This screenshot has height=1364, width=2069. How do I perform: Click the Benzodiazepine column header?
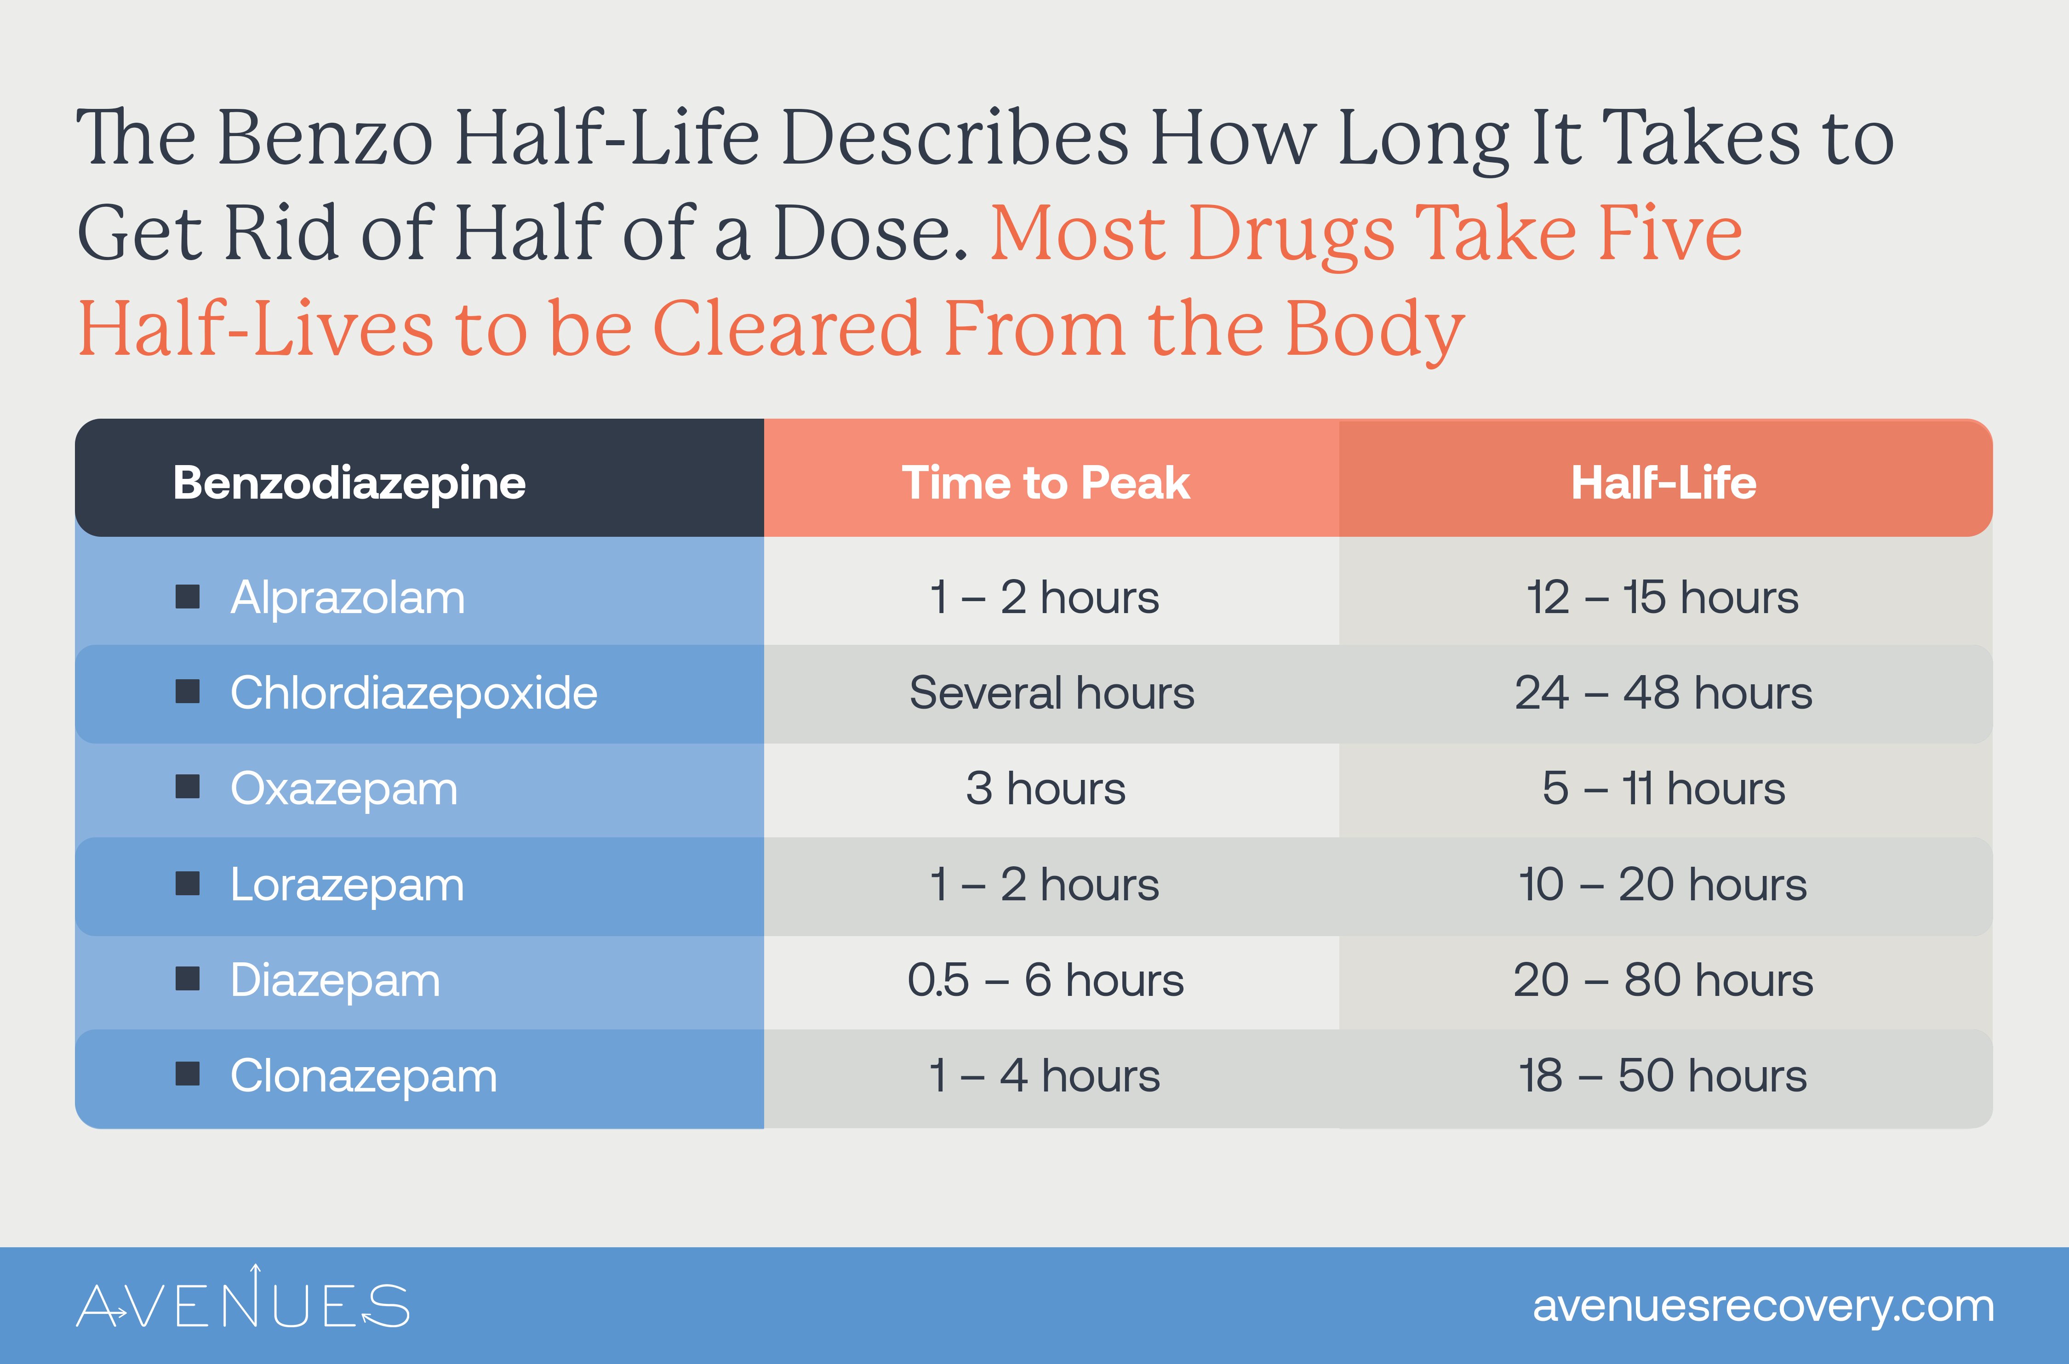pyautogui.click(x=349, y=483)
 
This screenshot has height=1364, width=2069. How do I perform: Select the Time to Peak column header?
pyautogui.click(x=1045, y=483)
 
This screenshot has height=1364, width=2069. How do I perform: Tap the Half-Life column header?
pyautogui.click(x=1663, y=483)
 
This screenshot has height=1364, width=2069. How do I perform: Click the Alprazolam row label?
pyautogui.click(x=347, y=598)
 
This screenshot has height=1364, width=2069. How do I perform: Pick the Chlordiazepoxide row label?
pyautogui.click(x=413, y=693)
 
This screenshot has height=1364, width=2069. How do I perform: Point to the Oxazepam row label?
pyautogui.click(x=343, y=789)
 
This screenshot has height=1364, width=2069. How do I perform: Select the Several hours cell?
pyautogui.click(x=1051, y=693)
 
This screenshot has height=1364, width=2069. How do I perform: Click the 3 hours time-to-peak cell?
pyautogui.click(x=1045, y=789)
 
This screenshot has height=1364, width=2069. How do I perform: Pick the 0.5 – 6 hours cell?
pyautogui.click(x=1045, y=980)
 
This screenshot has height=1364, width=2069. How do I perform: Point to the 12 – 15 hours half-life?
pyautogui.click(x=1662, y=598)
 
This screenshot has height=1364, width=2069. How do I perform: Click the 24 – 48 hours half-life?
pyautogui.click(x=1663, y=693)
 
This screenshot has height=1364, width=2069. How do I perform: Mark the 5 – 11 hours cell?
pyautogui.click(x=1663, y=789)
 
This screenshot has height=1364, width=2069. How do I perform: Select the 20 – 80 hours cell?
pyautogui.click(x=1663, y=980)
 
